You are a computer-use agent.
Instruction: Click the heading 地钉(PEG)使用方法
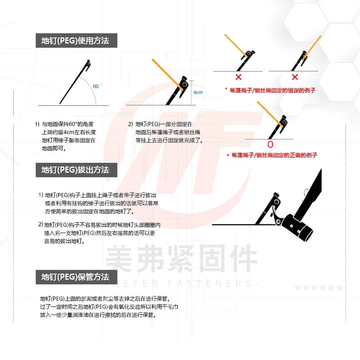click(75, 40)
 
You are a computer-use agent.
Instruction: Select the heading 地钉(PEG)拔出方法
click(75, 170)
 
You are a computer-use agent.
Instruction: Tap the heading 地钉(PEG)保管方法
click(75, 277)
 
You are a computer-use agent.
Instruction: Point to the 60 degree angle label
click(96, 86)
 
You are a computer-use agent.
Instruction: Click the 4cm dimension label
click(198, 92)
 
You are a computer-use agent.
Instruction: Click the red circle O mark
click(270, 144)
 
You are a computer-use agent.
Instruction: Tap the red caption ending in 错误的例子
click(270, 90)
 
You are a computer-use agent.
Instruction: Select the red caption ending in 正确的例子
click(272, 155)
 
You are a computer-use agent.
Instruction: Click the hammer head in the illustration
click(298, 228)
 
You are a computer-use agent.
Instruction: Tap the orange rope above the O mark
click(270, 113)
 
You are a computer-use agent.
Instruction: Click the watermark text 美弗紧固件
click(181, 258)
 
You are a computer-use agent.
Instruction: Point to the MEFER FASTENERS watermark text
click(185, 284)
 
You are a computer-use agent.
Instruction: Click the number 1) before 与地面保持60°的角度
click(37, 124)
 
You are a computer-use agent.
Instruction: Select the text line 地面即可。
click(54, 148)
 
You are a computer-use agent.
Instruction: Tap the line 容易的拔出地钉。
click(64, 241)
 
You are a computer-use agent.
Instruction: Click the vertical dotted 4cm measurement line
click(192, 93)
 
